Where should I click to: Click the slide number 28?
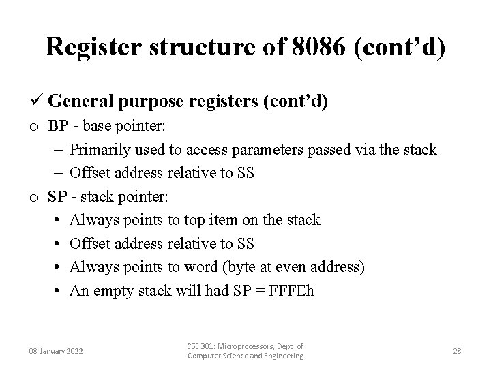(x=457, y=351)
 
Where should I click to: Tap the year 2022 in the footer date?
(x=72, y=351)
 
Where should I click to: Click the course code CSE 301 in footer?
(x=203, y=346)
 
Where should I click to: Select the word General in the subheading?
(x=80, y=102)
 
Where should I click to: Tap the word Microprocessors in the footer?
(x=248, y=346)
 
